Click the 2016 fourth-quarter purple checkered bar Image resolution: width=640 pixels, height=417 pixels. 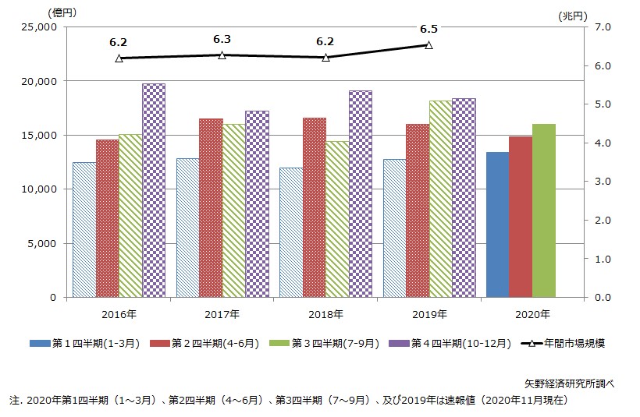pos(153,190)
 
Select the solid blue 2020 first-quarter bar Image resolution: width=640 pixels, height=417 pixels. pos(497,224)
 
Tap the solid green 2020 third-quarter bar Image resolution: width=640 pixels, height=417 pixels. pos(544,210)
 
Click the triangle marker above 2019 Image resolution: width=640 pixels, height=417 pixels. pos(428,45)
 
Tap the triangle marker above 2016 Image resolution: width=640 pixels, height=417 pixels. pos(119,58)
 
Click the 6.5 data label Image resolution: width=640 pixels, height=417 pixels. pos(428,30)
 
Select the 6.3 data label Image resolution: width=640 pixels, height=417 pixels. pos(222,39)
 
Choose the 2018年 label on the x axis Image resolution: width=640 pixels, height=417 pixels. pos(326,314)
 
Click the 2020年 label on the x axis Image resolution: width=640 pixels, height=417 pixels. pos(532,314)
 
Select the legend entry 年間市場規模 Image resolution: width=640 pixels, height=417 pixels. pos(567,343)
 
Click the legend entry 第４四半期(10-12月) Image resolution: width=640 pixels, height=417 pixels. pos(462,343)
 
